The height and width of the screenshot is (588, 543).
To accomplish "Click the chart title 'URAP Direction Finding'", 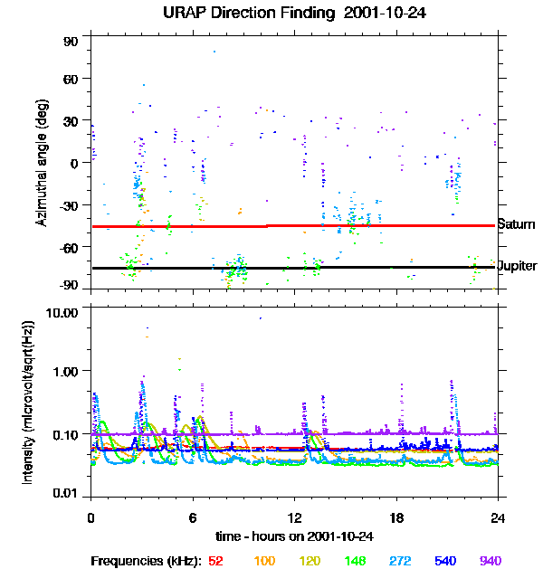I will pos(236,13).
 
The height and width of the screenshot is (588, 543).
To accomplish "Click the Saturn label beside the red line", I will pos(516,224).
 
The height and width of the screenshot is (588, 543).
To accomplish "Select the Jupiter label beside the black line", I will pos(517,267).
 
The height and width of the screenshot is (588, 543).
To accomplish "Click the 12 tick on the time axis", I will pos(295,518).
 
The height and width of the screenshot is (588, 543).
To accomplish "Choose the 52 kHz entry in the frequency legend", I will pos(215,561).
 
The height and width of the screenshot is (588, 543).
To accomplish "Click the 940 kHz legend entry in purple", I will pos(491,561).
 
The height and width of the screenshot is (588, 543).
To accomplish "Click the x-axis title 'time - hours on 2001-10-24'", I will pos(295,536).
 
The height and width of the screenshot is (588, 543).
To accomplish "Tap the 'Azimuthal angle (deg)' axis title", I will pos(41,163).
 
